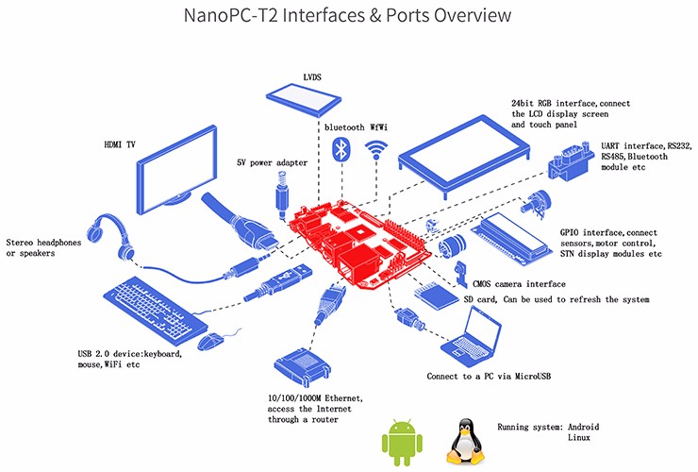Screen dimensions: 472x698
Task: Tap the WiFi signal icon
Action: [378, 150]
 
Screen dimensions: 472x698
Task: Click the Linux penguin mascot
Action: [463, 440]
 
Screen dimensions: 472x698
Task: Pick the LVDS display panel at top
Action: [305, 95]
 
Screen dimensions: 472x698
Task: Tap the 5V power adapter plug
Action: [281, 194]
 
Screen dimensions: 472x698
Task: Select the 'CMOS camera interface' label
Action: [519, 283]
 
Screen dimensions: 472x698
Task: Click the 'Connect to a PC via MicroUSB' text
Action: [487, 376]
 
